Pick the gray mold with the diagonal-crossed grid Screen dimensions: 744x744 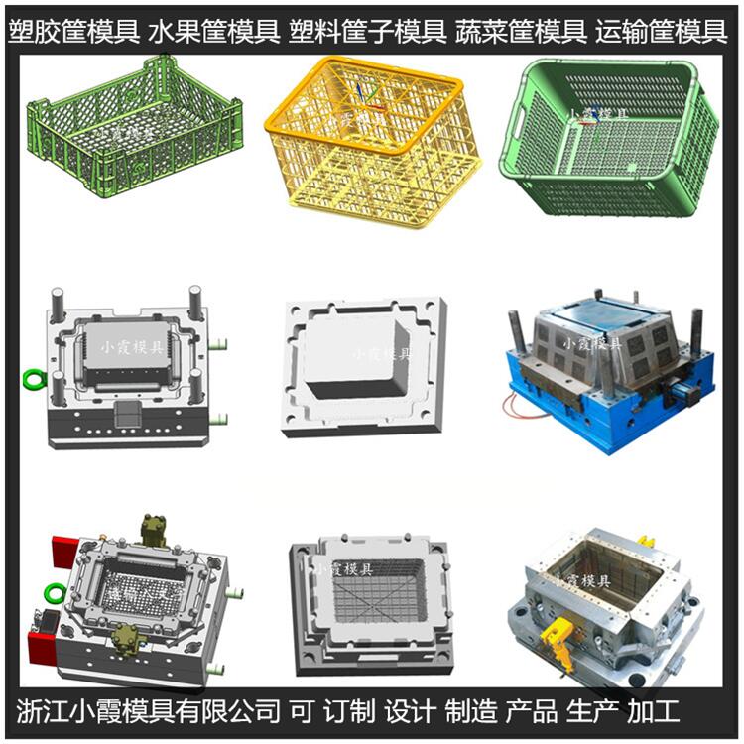point(370,605)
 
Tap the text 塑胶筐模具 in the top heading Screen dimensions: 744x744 point(73,33)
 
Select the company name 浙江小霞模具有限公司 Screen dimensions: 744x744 point(149,710)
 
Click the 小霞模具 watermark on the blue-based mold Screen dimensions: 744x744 point(592,344)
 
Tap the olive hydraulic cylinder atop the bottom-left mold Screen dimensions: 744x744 point(155,530)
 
